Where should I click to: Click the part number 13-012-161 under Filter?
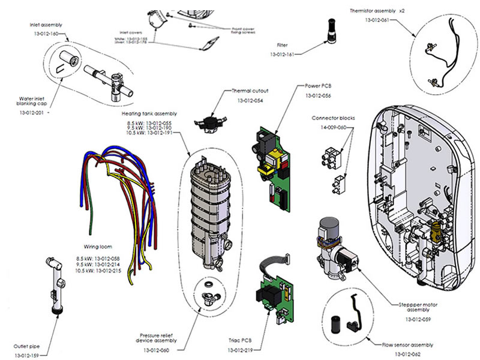click(282, 55)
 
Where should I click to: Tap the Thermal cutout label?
click(250, 91)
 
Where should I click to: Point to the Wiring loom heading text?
click(99, 247)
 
